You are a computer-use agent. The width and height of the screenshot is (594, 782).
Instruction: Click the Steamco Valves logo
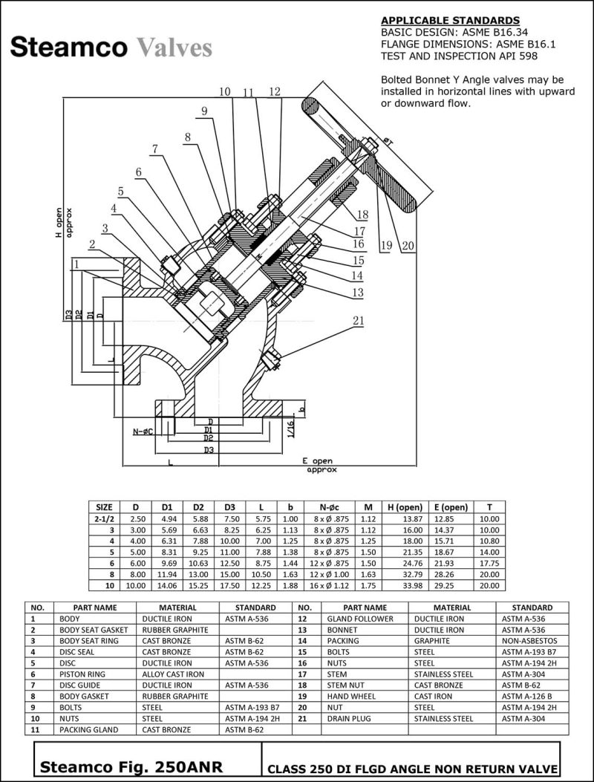[x=111, y=48]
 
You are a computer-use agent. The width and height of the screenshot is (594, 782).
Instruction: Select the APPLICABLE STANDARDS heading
[x=450, y=20]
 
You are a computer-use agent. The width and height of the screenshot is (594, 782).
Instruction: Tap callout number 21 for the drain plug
[x=359, y=321]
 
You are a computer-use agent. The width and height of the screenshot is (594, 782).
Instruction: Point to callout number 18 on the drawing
[x=362, y=215]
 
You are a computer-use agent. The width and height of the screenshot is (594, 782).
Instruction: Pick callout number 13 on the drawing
[x=358, y=293]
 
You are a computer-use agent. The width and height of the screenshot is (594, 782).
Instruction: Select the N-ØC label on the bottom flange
[x=143, y=431]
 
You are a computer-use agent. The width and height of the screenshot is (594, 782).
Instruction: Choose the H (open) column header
[x=402, y=506]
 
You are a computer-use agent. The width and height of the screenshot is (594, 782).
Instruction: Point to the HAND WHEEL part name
[x=350, y=697]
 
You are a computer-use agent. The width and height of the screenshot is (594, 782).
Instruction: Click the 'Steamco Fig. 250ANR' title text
[x=130, y=766]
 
